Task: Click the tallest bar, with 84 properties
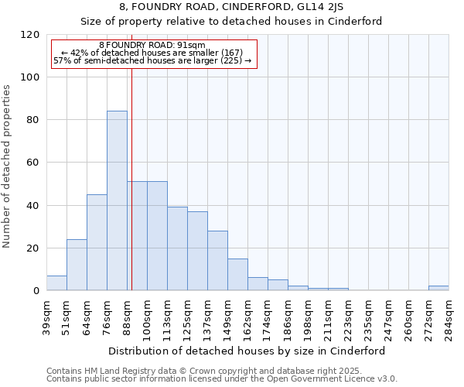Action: click(x=117, y=201)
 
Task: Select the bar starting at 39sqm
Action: click(x=56, y=283)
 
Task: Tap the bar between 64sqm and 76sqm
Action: click(x=97, y=242)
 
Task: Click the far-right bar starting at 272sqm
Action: click(x=438, y=288)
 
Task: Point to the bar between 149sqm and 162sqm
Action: click(x=237, y=275)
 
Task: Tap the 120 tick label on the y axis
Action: click(x=30, y=35)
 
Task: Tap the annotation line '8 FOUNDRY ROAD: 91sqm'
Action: click(x=152, y=46)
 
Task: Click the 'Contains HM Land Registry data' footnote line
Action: click(x=220, y=371)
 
